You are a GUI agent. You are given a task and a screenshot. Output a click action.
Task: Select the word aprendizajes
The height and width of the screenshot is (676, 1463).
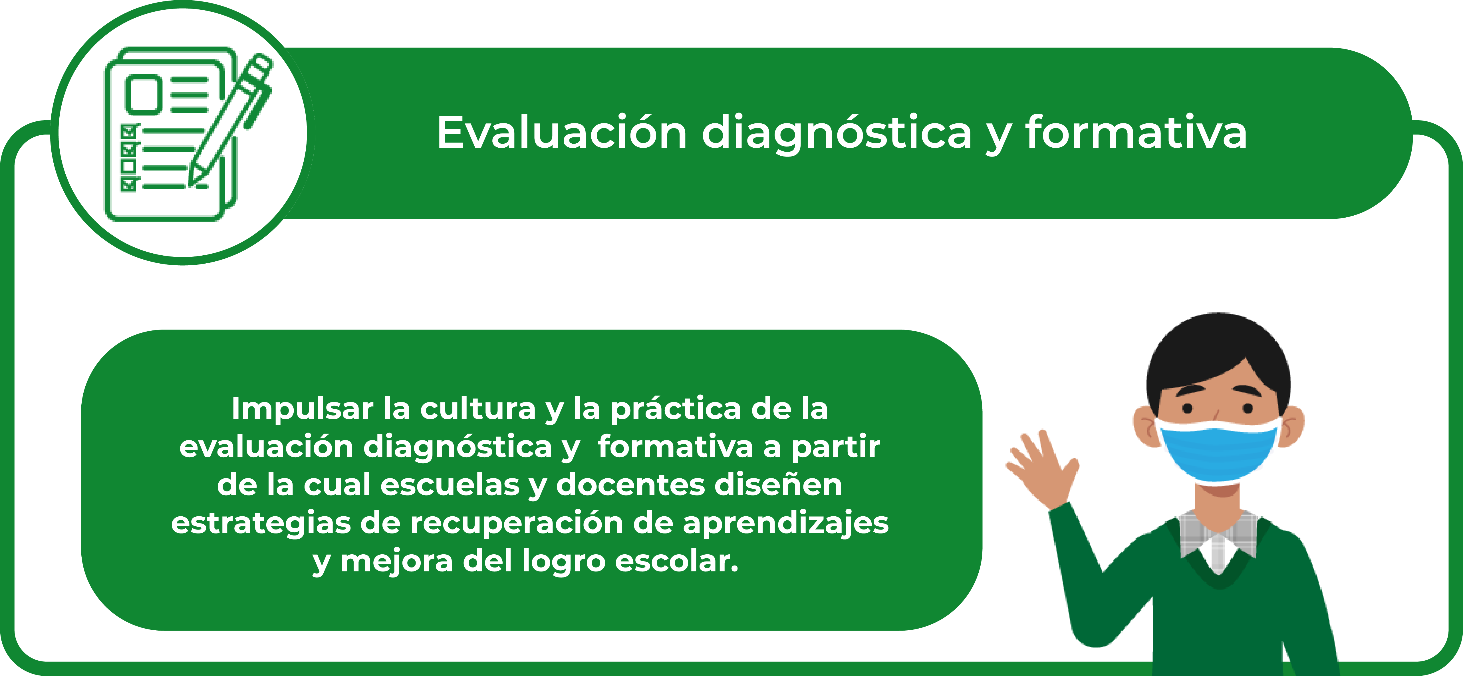786,524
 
